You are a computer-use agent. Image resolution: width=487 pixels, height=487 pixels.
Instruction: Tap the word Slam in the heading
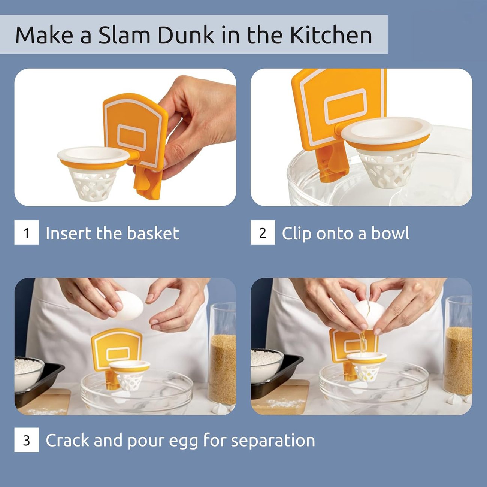pos(124,35)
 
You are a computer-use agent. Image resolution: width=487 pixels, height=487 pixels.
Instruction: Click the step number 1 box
pos(27,233)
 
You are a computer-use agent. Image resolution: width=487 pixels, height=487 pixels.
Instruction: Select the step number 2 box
pos(263,233)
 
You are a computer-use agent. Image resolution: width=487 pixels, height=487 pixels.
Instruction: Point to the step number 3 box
pos(27,440)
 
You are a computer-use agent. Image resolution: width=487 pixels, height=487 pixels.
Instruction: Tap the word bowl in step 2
pos(390,233)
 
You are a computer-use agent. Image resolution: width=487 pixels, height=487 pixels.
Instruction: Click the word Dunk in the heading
pos(185,35)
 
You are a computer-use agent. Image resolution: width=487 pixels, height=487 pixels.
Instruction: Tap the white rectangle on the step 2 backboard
pos(345,106)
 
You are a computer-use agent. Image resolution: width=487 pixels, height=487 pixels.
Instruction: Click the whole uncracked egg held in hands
pos(129,306)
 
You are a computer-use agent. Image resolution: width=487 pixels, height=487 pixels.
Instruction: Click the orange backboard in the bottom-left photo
pos(116,347)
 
